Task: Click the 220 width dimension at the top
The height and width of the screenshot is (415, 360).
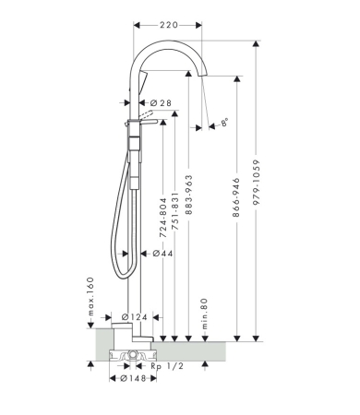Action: point(169,25)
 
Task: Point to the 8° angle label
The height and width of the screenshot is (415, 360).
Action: point(225,122)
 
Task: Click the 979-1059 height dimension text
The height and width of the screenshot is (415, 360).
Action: point(256,182)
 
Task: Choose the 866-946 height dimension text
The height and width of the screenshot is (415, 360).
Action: point(236,197)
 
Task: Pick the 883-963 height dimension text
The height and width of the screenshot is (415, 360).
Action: point(189,195)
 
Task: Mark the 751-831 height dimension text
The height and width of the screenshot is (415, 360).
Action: point(174,212)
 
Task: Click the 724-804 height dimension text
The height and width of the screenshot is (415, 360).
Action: point(162,218)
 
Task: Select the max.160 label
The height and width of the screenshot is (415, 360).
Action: point(90,297)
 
